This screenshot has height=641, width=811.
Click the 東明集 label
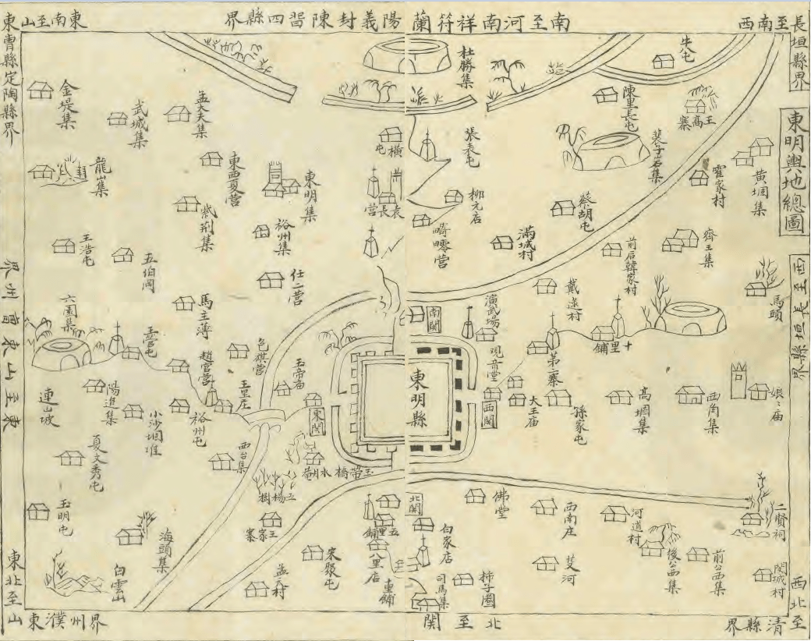tap(310, 197)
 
